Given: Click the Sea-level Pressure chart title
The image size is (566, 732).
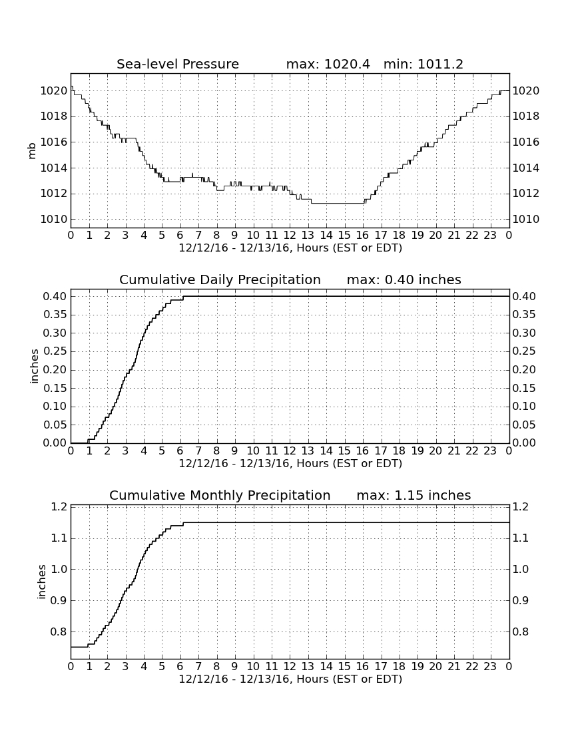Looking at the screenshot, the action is coord(178,64).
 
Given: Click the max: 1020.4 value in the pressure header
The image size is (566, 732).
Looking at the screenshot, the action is coord(328,64).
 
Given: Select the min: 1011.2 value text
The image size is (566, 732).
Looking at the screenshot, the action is coord(423,64).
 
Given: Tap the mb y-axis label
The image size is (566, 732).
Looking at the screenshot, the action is coord(32,151).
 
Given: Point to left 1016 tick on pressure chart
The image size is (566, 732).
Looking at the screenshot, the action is coord(54,142).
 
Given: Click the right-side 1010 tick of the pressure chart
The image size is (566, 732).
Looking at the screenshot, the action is coord(526,220).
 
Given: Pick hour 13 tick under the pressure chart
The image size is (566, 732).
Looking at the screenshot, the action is coord(308,235).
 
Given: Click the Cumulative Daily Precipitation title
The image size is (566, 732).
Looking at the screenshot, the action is coord(220,279).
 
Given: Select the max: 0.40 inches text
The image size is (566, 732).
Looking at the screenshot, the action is coord(404,279).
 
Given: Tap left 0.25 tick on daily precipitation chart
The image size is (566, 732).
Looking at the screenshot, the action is coord(55,351).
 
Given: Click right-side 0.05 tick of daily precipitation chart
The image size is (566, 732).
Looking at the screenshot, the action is coord(524,425).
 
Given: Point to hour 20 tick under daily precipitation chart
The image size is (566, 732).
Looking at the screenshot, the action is coord(435,451).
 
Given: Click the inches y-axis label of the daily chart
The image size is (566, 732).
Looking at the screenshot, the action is coord(33,367).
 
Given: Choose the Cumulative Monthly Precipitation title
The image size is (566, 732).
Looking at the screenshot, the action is coord(220,495).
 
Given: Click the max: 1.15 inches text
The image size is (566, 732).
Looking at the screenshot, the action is coord(414,495).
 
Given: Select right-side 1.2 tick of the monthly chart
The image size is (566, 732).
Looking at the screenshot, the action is coord(521,506).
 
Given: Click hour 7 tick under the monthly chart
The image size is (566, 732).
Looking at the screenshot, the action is coord(198,666).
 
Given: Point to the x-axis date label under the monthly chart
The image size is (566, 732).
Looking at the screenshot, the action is coord(290,679).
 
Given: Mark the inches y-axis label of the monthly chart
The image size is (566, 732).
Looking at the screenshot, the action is coord(41,582).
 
